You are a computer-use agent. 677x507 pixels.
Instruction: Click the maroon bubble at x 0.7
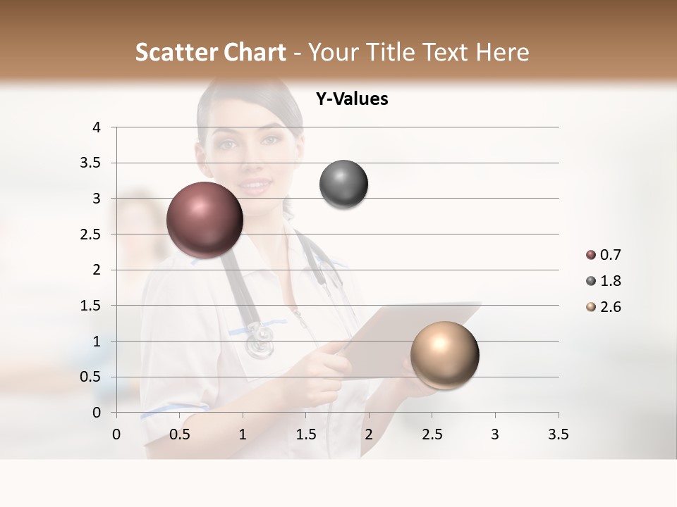tap(205, 220)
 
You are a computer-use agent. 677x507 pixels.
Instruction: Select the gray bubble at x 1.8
tap(343, 184)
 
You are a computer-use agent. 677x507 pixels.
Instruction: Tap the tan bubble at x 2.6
tap(444, 355)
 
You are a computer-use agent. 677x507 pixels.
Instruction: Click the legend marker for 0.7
tap(590, 256)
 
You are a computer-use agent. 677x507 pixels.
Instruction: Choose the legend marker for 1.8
tap(590, 281)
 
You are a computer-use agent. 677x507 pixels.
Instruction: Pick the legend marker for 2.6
tap(590, 307)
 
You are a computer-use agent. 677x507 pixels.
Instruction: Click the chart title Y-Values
tap(352, 99)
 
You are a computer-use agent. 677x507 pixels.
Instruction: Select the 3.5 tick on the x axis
tap(558, 434)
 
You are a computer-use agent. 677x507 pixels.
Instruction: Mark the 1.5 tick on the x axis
tap(305, 434)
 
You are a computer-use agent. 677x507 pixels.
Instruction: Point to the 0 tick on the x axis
tap(116, 434)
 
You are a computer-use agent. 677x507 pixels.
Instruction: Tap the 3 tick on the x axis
tap(495, 434)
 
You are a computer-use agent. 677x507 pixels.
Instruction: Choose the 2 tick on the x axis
tap(369, 434)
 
